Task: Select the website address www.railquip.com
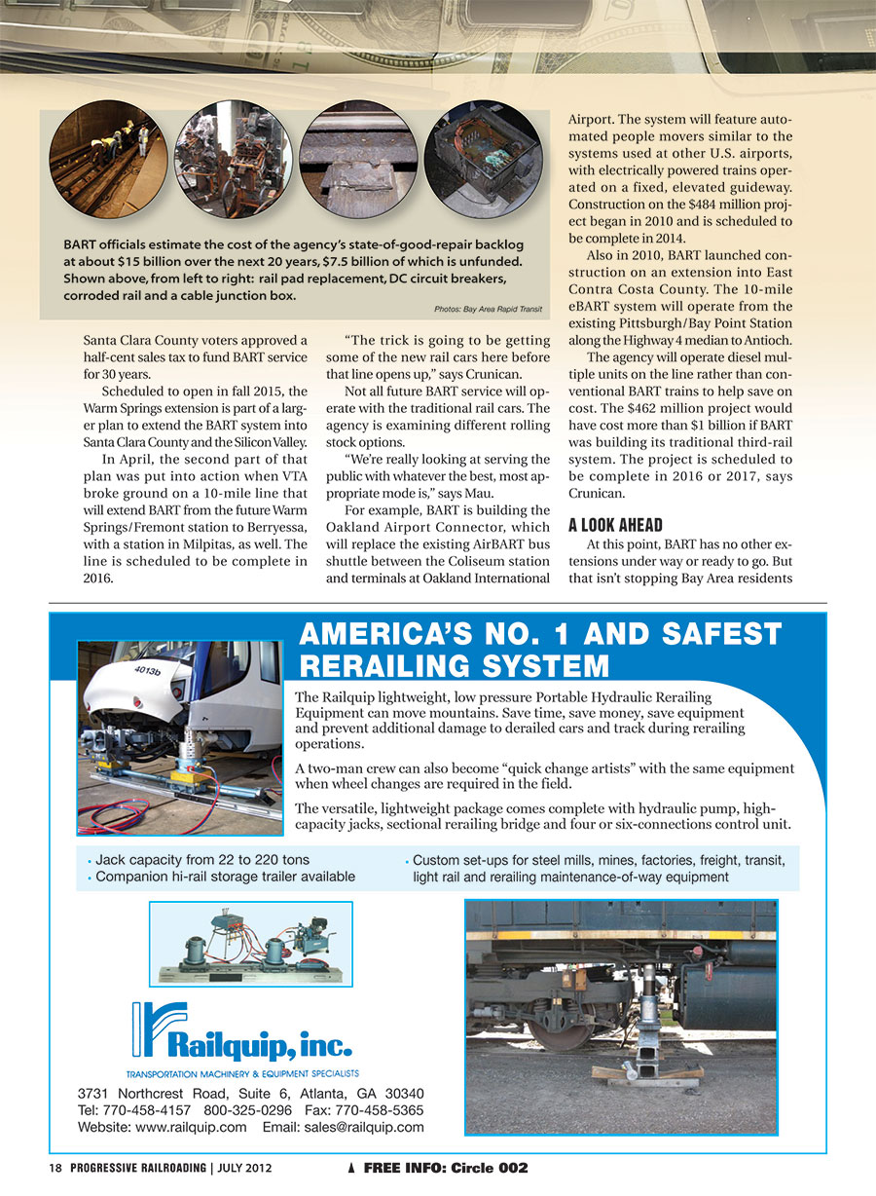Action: click(191, 1128)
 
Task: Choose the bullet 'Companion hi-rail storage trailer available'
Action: click(225, 877)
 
